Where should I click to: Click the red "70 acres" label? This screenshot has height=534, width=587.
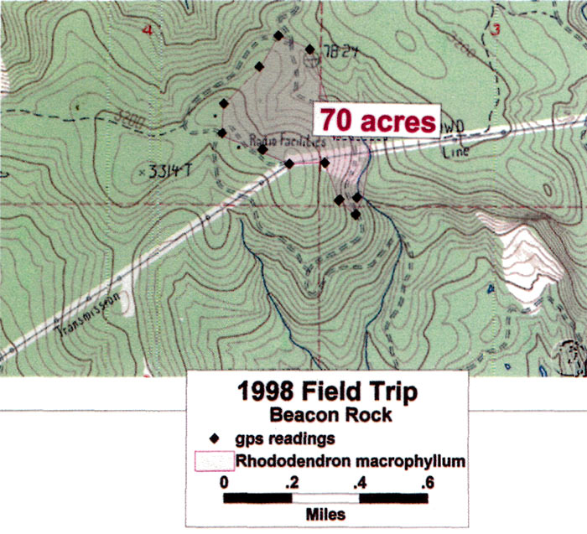pyautogui.click(x=376, y=120)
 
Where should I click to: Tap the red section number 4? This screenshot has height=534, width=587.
pyautogui.click(x=148, y=31)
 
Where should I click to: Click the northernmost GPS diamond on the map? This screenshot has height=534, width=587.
pyautogui.click(x=278, y=35)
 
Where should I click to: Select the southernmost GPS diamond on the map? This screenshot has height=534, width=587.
pyautogui.click(x=356, y=215)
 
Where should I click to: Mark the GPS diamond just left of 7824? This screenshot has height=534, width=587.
pyautogui.click(x=309, y=49)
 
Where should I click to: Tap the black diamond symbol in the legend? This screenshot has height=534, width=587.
pyautogui.click(x=213, y=438)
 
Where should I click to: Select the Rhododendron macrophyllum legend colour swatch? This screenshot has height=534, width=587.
pyautogui.click(x=213, y=460)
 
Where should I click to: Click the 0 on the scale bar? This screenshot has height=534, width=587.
pyautogui.click(x=224, y=482)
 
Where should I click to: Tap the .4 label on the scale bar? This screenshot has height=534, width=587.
pyautogui.click(x=360, y=482)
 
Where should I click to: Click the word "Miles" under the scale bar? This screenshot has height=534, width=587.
pyautogui.click(x=326, y=514)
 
